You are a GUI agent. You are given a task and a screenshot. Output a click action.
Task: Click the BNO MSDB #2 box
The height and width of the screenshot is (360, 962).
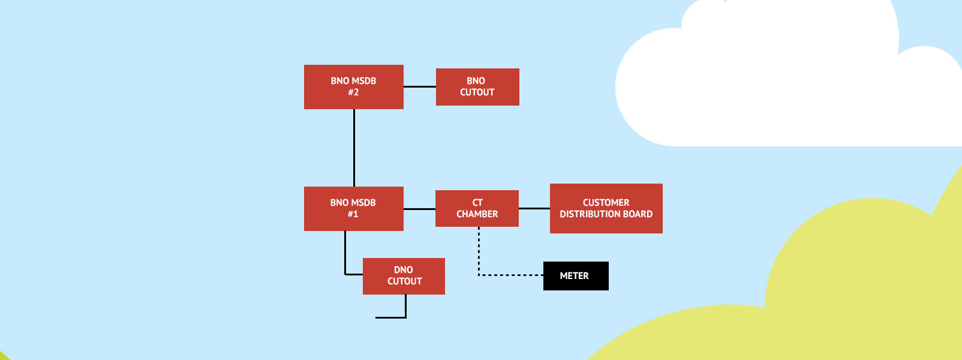tap(353, 86)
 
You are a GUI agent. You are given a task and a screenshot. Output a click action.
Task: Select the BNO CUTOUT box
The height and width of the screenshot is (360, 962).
tap(477, 86)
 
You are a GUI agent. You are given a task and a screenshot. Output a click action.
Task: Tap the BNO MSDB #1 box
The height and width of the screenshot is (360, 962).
tap(353, 208)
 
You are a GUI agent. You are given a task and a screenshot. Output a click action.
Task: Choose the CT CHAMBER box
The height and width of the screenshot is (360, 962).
tap(477, 208)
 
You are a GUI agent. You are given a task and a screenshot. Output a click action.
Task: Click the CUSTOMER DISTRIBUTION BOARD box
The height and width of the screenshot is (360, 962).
tap(606, 208)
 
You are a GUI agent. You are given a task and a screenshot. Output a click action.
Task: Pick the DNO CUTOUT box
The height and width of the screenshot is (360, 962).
tap(404, 275)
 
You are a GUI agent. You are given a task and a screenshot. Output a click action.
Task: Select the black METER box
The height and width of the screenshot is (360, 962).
tap(575, 275)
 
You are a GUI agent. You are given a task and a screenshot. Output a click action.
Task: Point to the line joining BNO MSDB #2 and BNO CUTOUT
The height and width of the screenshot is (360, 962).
tap(419, 86)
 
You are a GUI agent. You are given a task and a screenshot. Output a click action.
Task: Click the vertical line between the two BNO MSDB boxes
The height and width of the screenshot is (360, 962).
tap(354, 148)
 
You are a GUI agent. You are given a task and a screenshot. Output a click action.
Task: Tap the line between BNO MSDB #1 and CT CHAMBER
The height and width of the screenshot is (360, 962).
tap(419, 209)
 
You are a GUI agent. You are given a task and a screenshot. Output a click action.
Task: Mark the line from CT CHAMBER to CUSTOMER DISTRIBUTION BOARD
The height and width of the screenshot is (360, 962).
tap(534, 208)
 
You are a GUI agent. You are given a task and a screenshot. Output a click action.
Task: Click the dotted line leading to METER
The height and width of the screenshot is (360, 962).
tap(510, 275)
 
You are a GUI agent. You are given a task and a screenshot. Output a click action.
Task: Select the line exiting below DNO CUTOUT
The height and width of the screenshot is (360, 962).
tap(405, 307)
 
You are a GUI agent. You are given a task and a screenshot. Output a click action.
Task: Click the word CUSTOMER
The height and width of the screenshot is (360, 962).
tap(606, 203)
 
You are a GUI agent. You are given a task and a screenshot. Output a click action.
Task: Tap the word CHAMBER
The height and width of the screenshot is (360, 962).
tap(477, 214)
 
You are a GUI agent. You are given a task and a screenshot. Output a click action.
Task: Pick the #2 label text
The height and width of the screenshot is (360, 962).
tap(353, 92)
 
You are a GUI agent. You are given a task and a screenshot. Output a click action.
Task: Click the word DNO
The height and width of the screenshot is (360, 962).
tap(404, 270)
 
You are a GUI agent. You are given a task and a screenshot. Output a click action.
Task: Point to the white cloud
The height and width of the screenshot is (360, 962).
tap(780, 84)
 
